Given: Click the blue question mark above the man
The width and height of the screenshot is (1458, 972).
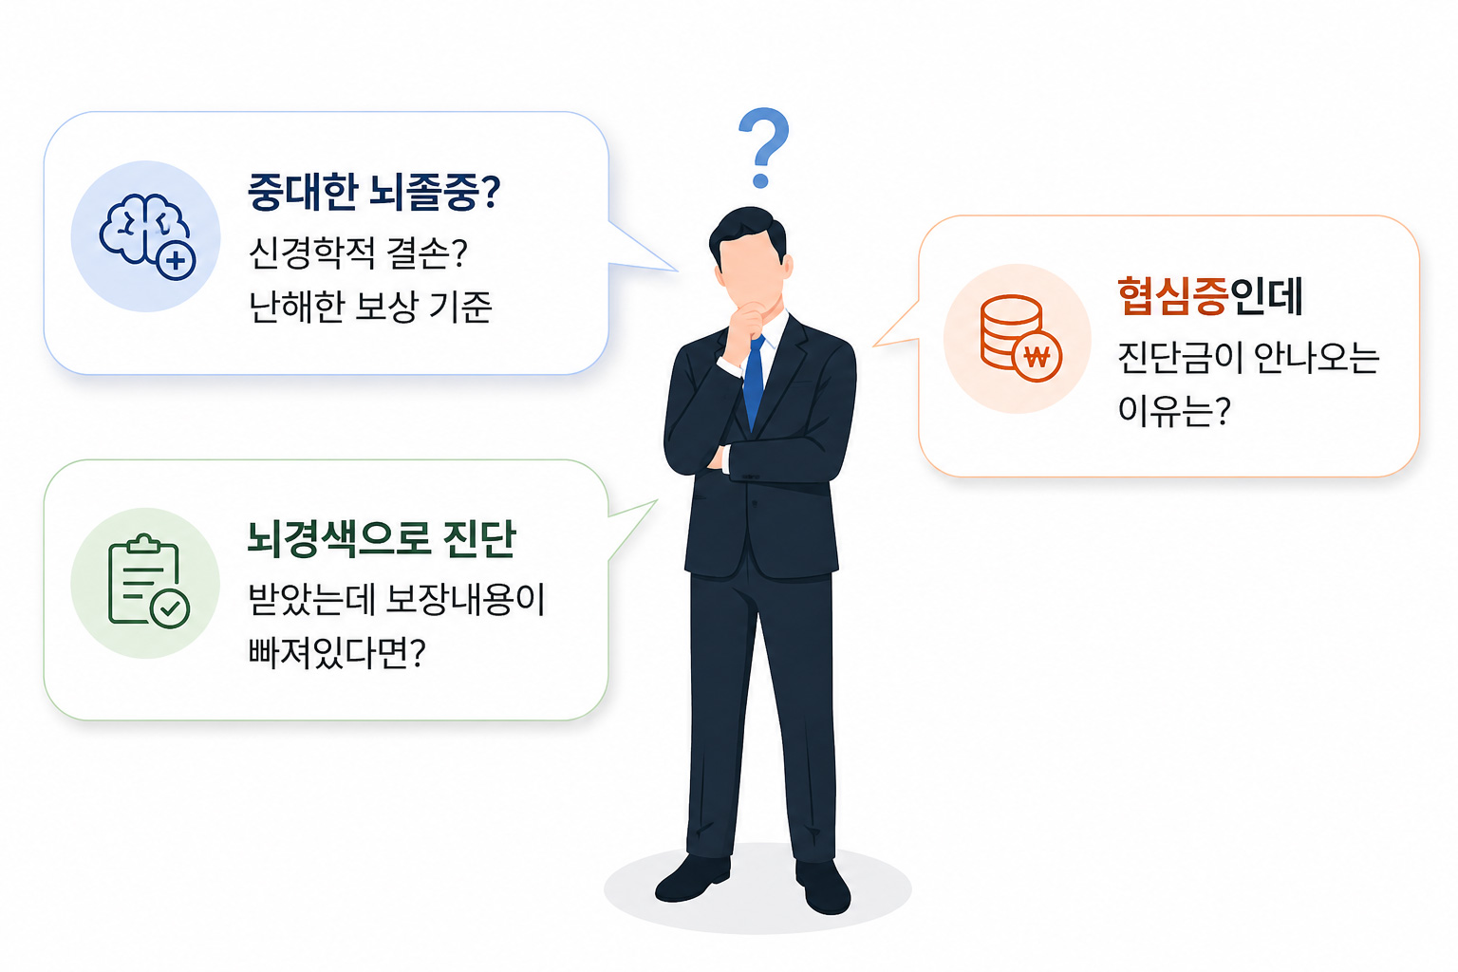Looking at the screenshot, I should (x=763, y=147).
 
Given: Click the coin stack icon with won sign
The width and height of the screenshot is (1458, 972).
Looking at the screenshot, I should (x=1019, y=338).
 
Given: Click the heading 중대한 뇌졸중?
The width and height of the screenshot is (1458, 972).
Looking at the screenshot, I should (x=373, y=192).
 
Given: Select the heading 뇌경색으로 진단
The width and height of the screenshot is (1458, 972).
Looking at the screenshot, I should (x=381, y=539).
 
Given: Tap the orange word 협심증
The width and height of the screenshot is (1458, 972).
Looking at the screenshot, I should (x=1172, y=296).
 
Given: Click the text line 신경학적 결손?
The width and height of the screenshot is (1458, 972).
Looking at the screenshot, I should (x=358, y=252).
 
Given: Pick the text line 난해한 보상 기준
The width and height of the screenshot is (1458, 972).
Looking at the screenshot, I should (x=369, y=307).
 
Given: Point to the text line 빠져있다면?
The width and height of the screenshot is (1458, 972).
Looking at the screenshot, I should (x=336, y=653).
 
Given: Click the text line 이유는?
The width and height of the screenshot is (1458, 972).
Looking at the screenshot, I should (x=1173, y=410).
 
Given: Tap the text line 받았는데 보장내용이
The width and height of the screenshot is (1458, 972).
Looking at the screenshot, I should (x=396, y=600).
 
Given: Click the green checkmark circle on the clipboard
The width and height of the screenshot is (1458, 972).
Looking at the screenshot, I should (x=171, y=608).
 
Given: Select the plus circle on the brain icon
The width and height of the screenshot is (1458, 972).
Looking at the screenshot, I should (x=176, y=260).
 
